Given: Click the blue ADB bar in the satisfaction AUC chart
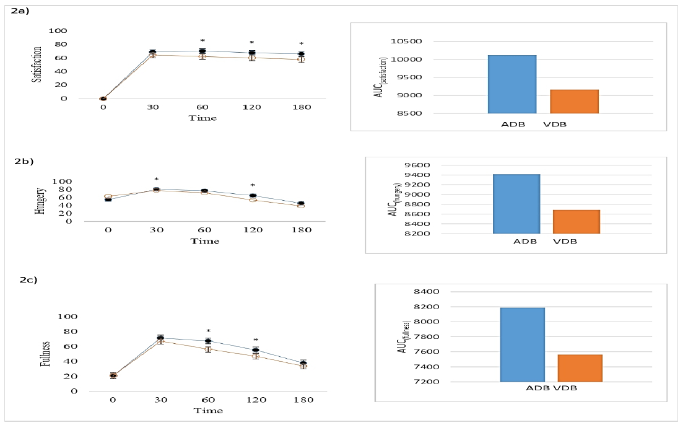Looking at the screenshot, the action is (512, 84).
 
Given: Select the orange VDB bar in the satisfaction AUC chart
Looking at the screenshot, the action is (574, 102).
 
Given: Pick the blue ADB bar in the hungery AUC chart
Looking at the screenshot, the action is (516, 204).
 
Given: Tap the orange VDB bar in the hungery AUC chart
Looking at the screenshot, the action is (576, 222).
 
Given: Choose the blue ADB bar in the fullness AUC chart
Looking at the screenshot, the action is (523, 344).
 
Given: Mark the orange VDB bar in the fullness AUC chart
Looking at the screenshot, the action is (580, 368).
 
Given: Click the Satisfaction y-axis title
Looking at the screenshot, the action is (37, 64).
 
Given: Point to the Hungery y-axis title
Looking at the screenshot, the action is (40, 201).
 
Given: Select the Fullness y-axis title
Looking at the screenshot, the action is (45, 353).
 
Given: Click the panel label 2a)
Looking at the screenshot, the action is (20, 11).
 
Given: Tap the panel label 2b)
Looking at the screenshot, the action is (24, 161).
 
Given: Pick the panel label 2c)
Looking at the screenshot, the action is (28, 279).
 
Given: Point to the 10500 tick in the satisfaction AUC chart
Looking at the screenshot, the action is (406, 42).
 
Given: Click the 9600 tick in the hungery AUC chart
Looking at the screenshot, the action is (417, 165).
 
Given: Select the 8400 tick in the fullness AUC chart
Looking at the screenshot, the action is (427, 292).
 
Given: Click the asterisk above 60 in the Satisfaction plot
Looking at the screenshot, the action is (202, 41).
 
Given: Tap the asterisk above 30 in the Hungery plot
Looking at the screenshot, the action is (156, 179).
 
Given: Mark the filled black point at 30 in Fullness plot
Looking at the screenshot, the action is (160, 338).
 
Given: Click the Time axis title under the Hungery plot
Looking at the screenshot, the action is (204, 241).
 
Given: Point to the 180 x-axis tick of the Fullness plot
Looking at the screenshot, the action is (303, 400).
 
